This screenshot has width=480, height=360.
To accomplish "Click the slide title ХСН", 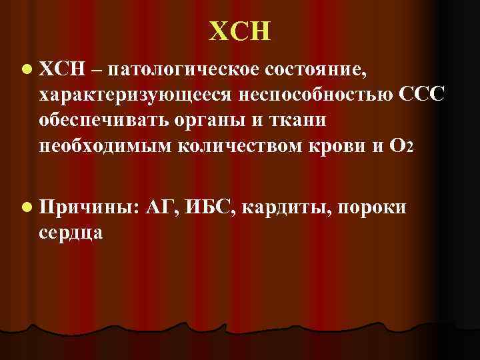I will coord(240,31).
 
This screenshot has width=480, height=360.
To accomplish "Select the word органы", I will coord(207,121).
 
